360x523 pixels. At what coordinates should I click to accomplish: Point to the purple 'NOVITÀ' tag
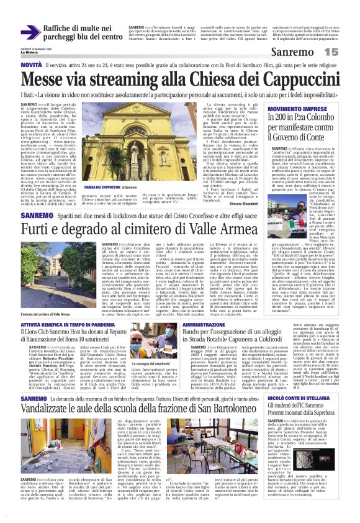pos(32,65)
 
